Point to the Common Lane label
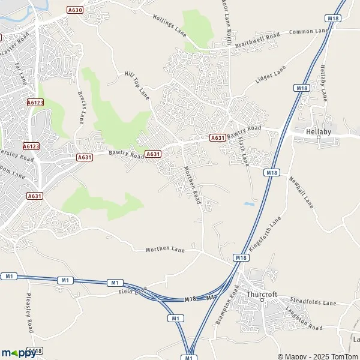(310, 31)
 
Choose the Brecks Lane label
(82, 107)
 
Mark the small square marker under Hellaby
(318, 138)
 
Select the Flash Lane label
(243, 152)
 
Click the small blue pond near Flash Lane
(249, 204)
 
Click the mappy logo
(19, 353)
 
